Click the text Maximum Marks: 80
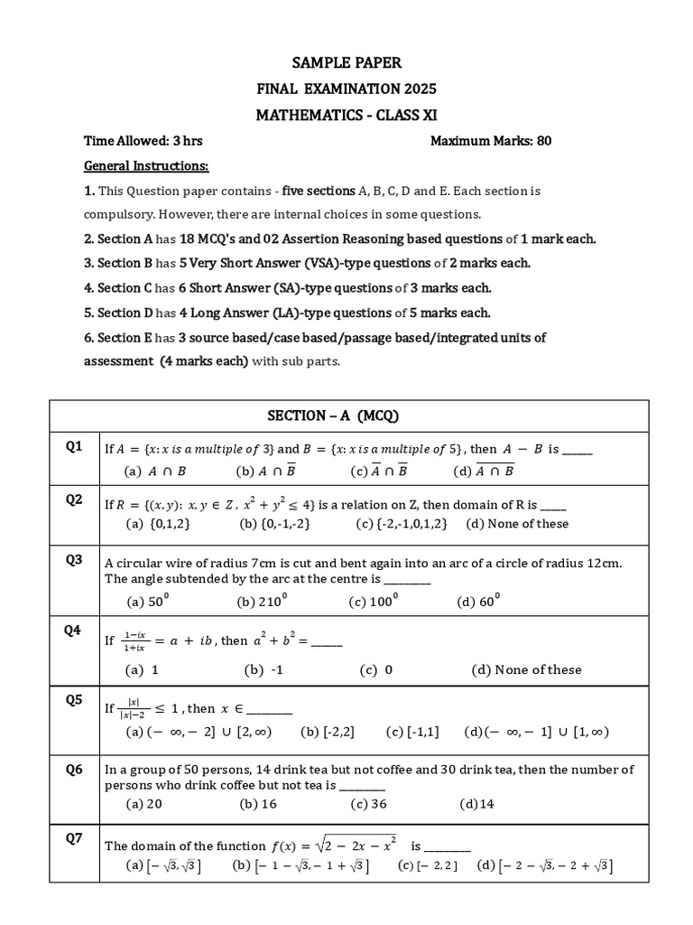tap(491, 141)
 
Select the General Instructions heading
tap(145, 166)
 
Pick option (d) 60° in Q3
tap(478, 601)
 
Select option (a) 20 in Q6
tap(144, 804)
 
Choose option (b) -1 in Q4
tap(263, 669)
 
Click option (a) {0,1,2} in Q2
tap(158, 524)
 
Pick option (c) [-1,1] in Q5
tap(412, 732)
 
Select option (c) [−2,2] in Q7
tap(428, 866)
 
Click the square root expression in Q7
tap(353, 846)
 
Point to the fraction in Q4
tap(136, 640)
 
